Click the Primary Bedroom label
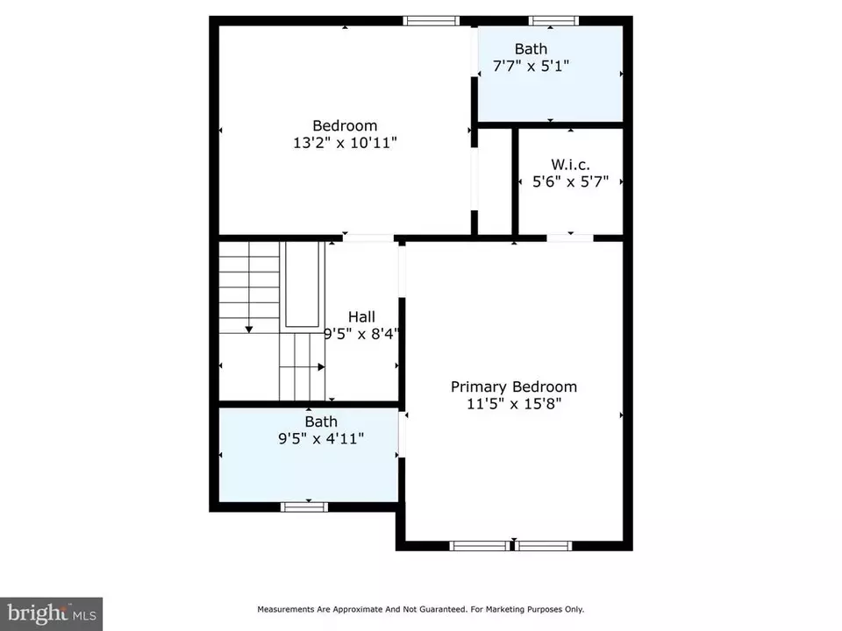pyautogui.click(x=514, y=386)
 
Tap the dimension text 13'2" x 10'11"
pyautogui.click(x=345, y=143)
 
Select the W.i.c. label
pyautogui.click(x=570, y=165)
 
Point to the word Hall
pyautogui.click(x=361, y=316)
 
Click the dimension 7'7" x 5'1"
pyautogui.click(x=531, y=66)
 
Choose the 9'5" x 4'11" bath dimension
pyautogui.click(x=321, y=438)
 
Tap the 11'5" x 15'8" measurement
pyautogui.click(x=514, y=403)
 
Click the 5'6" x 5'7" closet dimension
pyautogui.click(x=570, y=182)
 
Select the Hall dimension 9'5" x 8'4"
pyautogui.click(x=361, y=334)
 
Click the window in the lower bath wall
pyautogui.click(x=304, y=507)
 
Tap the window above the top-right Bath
pyautogui.click(x=553, y=21)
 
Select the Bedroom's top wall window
pyautogui.click(x=432, y=21)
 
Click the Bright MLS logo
pyautogui.click(x=51, y=613)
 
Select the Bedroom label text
pyautogui.click(x=345, y=125)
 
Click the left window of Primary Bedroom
pyautogui.click(x=480, y=546)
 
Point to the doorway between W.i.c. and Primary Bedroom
pyautogui.click(x=570, y=238)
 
